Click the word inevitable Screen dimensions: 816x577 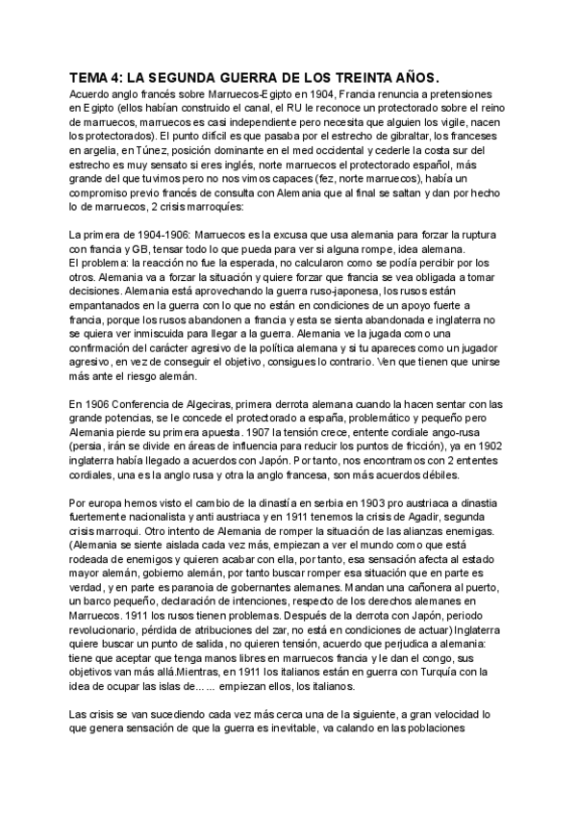(324, 728)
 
